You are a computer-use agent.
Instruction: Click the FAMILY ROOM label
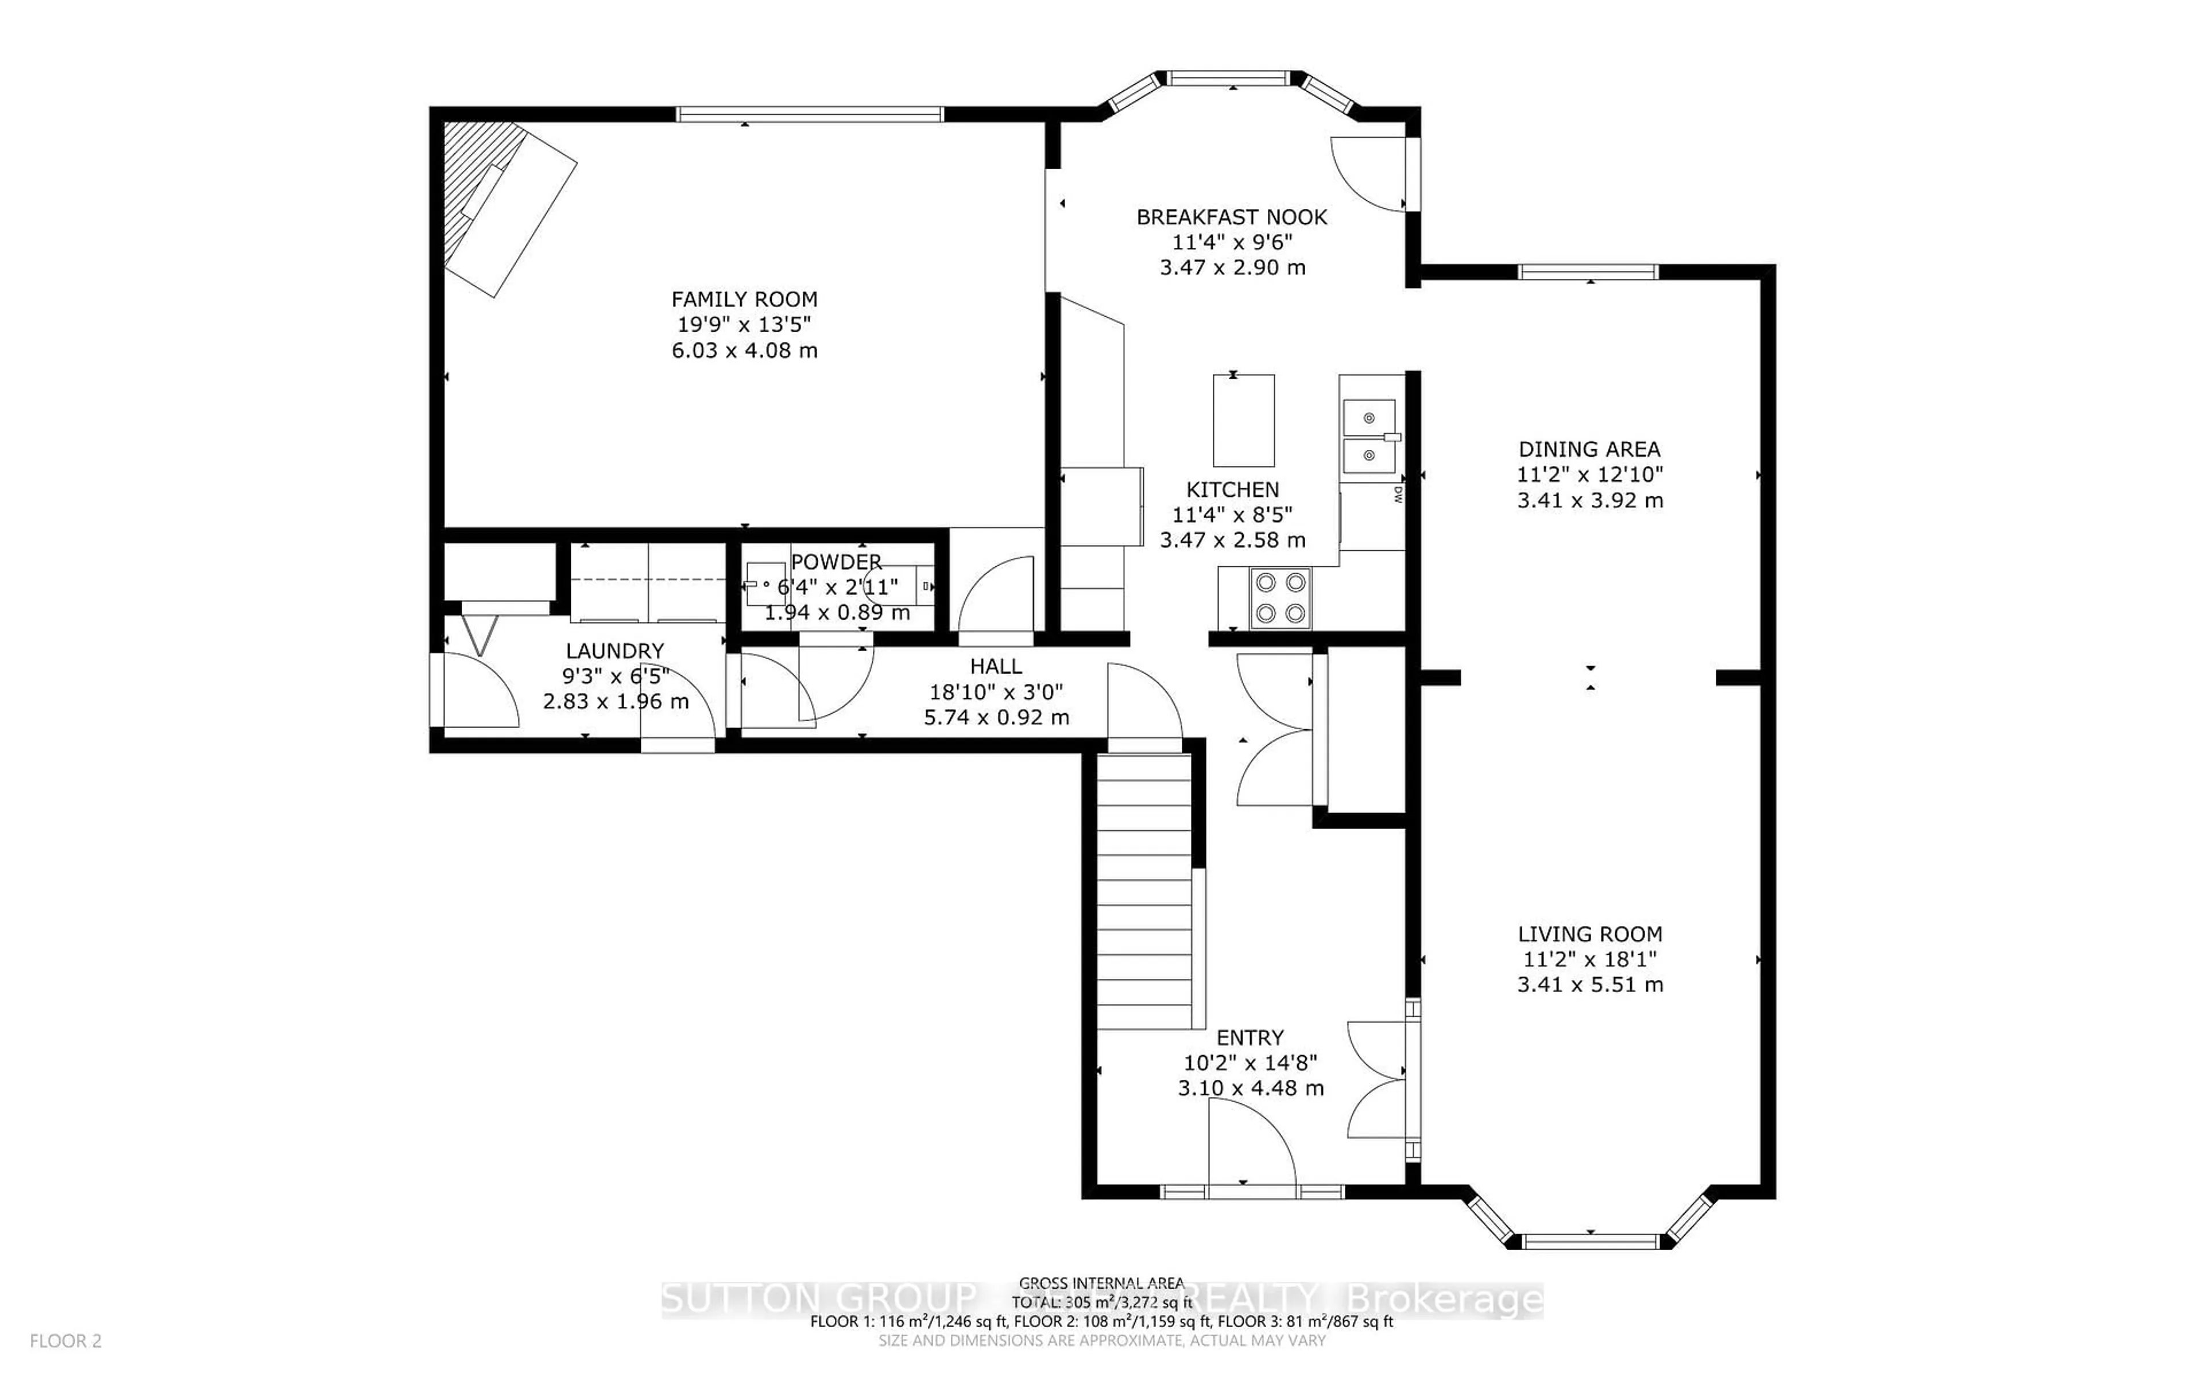pyautogui.click(x=744, y=299)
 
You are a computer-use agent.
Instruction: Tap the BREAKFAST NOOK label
pyautogui.click(x=1231, y=217)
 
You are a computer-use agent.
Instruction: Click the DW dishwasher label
pyautogui.click(x=1397, y=495)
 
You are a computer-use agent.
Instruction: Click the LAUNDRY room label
pyautogui.click(x=615, y=650)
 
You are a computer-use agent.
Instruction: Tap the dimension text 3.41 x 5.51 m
pyautogui.click(x=1590, y=985)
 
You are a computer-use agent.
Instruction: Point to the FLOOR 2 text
pyautogui.click(x=65, y=1341)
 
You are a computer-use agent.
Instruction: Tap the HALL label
pyautogui.click(x=996, y=666)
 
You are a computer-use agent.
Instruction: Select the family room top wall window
pyautogui.click(x=809, y=114)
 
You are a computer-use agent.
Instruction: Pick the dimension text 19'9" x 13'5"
pyautogui.click(x=744, y=324)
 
